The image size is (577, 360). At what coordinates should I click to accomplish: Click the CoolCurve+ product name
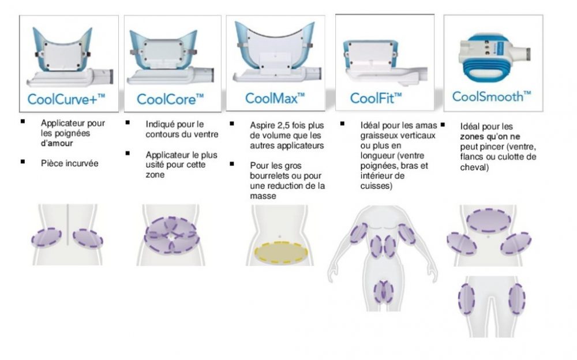(66, 99)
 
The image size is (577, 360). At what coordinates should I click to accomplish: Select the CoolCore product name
(170, 99)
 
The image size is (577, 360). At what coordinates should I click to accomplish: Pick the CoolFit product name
(376, 97)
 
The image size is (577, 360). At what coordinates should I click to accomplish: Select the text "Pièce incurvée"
(69, 164)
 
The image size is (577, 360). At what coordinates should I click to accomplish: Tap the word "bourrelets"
(269, 175)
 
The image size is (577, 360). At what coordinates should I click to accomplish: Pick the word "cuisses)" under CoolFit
(376, 186)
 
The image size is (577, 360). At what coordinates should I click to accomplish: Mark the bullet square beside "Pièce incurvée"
(23, 162)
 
